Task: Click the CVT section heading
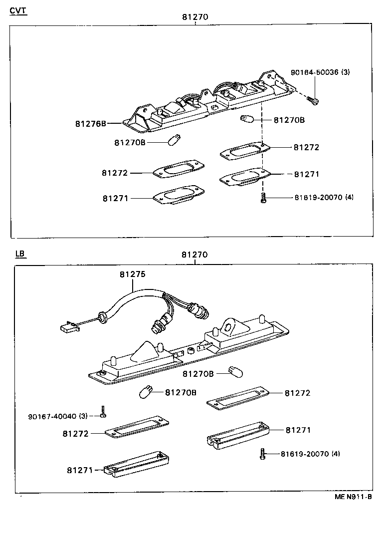[18, 10]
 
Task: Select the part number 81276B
[91, 123]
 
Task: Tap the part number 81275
[132, 274]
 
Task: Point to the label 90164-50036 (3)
[320, 72]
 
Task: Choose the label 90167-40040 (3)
[58, 416]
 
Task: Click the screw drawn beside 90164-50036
[314, 100]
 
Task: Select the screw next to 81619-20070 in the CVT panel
[262, 199]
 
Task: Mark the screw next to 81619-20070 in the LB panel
[262, 454]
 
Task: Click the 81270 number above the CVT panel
[194, 17]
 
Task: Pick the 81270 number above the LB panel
[194, 255]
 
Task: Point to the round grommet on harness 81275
[103, 316]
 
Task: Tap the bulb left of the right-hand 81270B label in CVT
[246, 119]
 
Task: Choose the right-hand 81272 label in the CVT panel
[306, 147]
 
